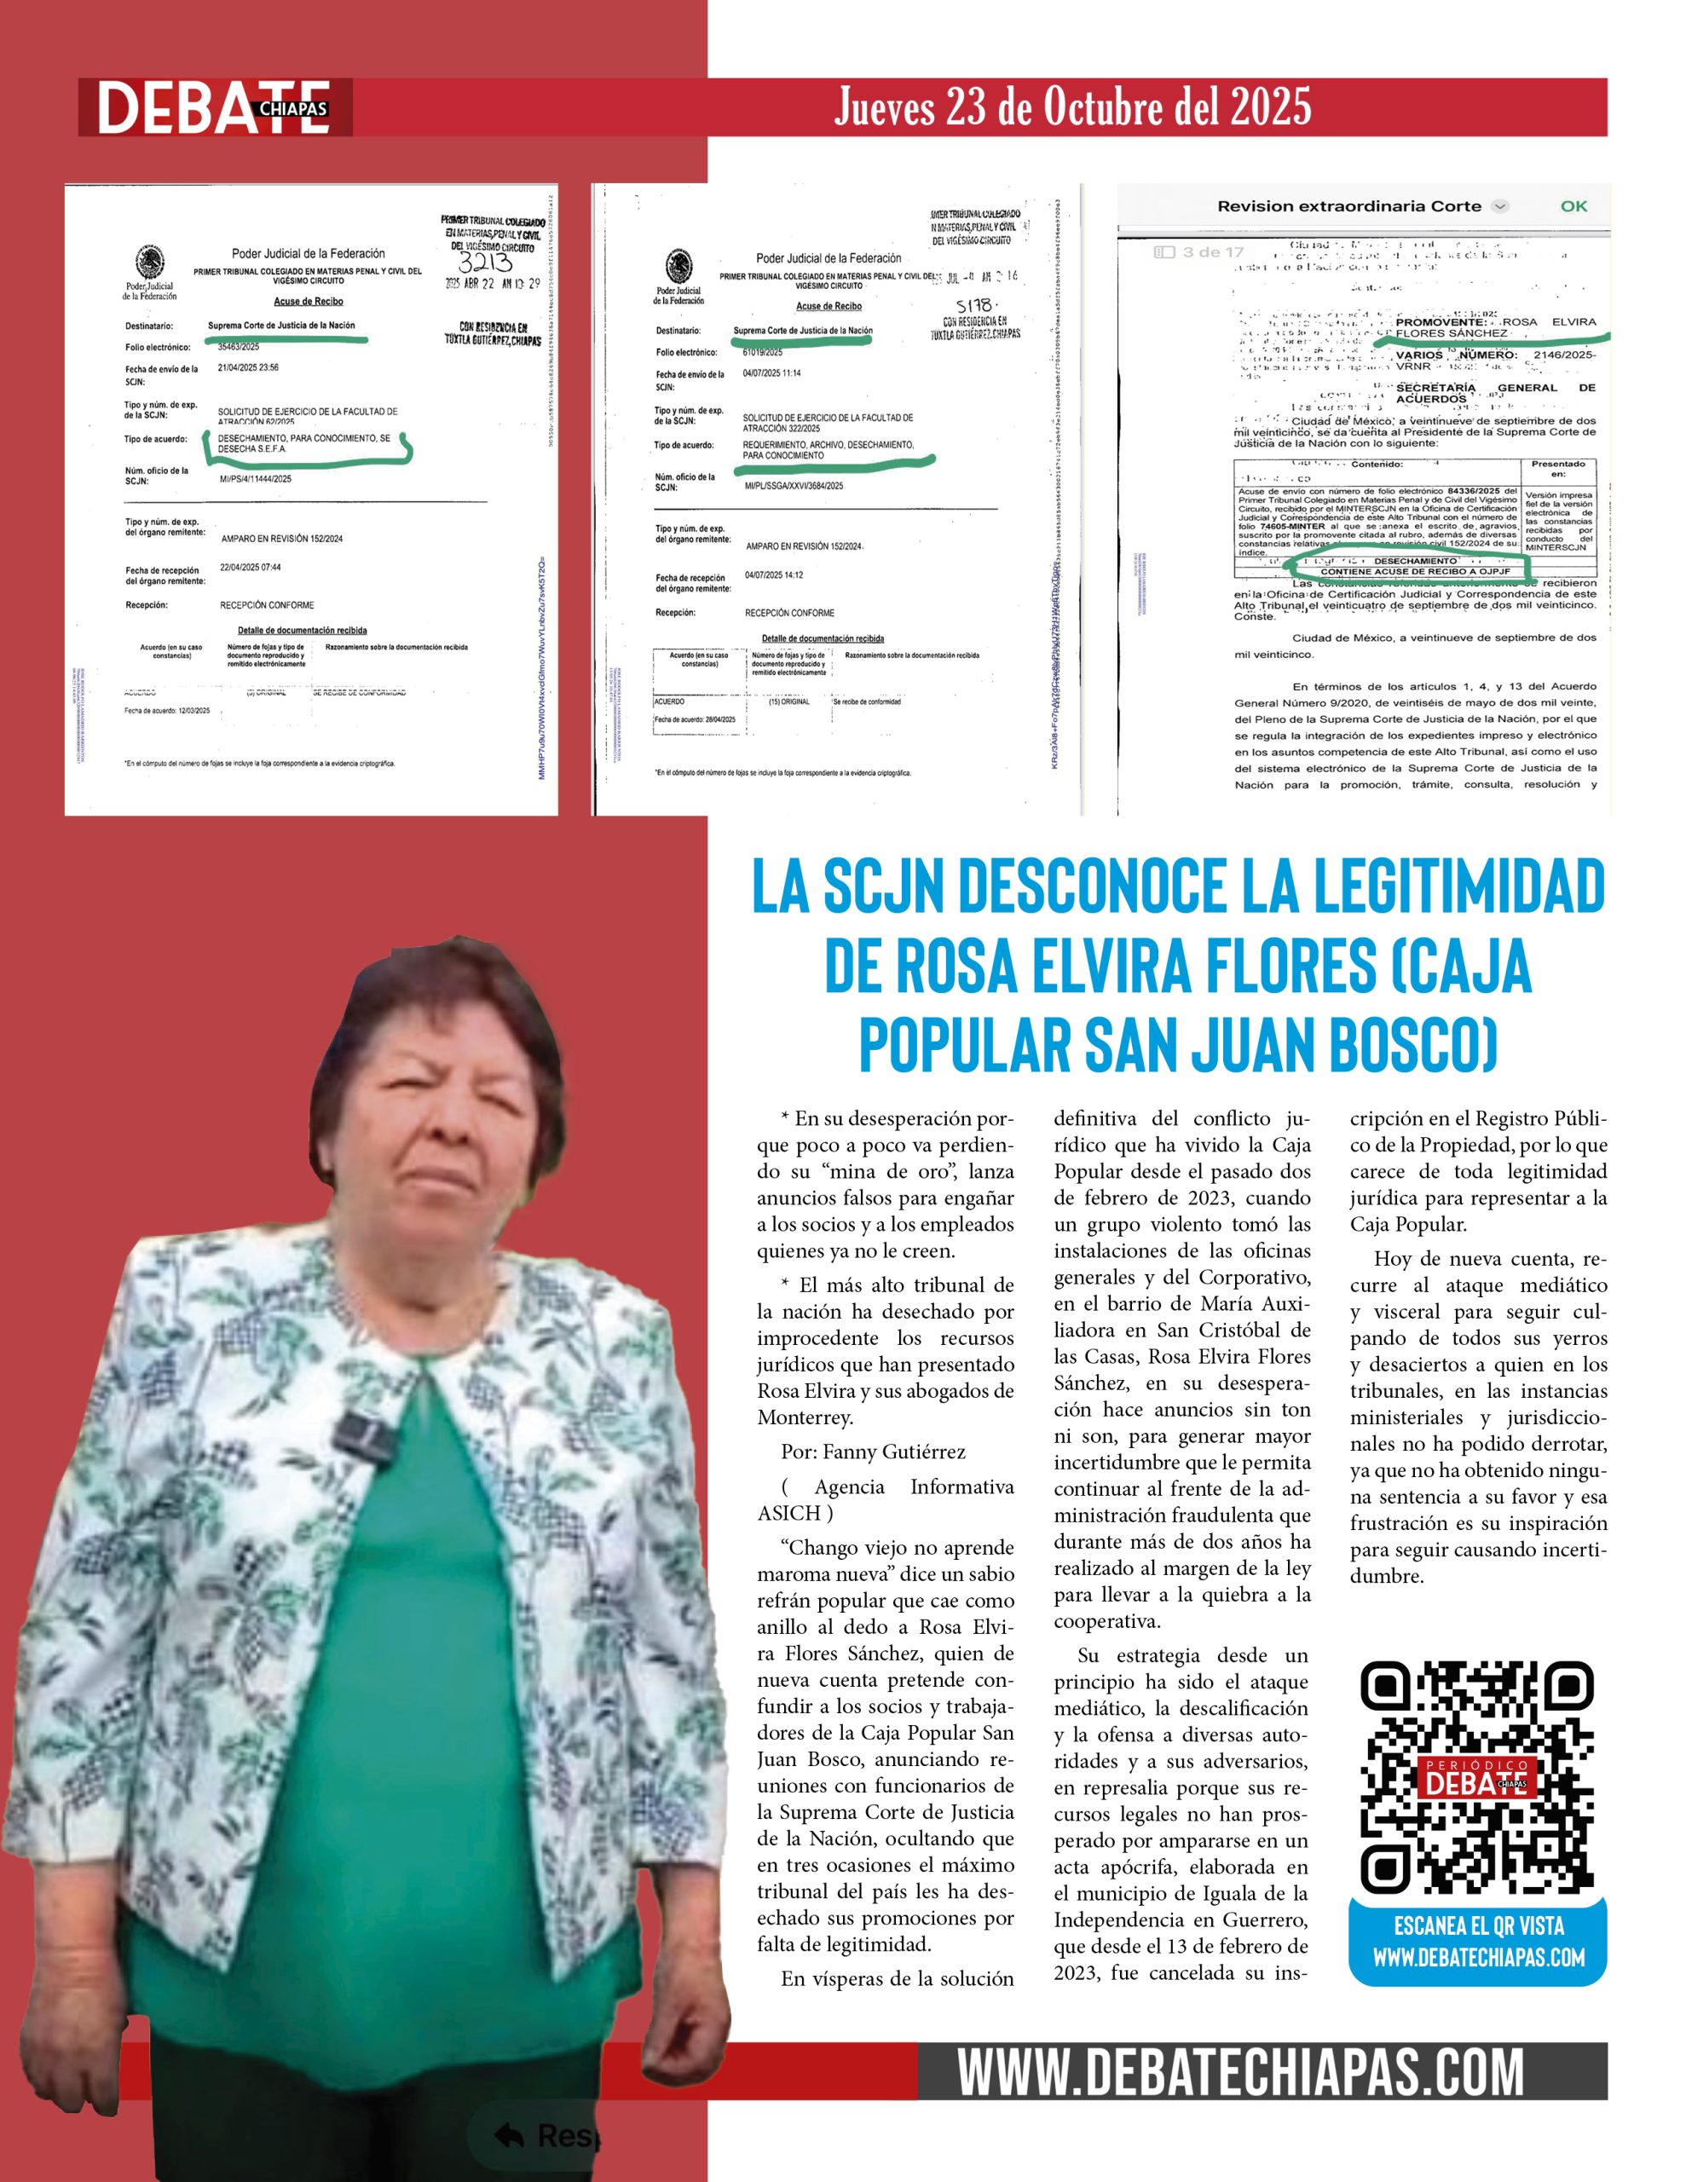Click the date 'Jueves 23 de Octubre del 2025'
point(1072,107)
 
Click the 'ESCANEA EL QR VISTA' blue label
point(1478,1926)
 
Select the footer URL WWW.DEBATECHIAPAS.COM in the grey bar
point(1240,2072)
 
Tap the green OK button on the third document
point(1573,205)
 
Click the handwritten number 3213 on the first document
point(485,263)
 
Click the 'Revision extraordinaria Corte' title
point(1348,205)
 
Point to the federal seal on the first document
point(149,263)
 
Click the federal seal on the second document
point(678,268)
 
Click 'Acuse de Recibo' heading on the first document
point(308,301)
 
